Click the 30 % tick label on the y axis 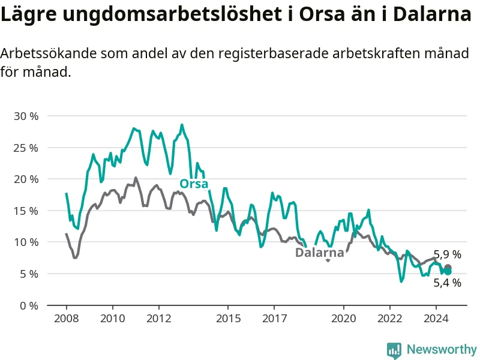pyautogui.click(x=26, y=116)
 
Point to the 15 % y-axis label pyautogui.click(x=26, y=211)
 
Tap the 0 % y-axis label pyautogui.click(x=29, y=305)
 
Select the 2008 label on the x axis pyautogui.click(x=67, y=319)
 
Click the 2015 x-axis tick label pyautogui.click(x=229, y=319)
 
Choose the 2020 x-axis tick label pyautogui.click(x=343, y=319)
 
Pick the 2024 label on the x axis pyautogui.click(x=436, y=319)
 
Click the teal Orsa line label pyautogui.click(x=194, y=184)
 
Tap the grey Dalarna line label pyautogui.click(x=320, y=253)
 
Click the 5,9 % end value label pyautogui.click(x=447, y=254)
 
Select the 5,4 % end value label pyautogui.click(x=447, y=283)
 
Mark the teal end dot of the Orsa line pyautogui.click(x=448, y=272)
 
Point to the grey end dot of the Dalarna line pyautogui.click(x=448, y=268)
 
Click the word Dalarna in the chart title pyautogui.click(x=432, y=14)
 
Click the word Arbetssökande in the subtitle pyautogui.click(x=48, y=53)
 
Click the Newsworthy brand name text pyautogui.click(x=442, y=349)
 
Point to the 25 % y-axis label pyautogui.click(x=26, y=148)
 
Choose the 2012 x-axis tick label pyautogui.click(x=159, y=319)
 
